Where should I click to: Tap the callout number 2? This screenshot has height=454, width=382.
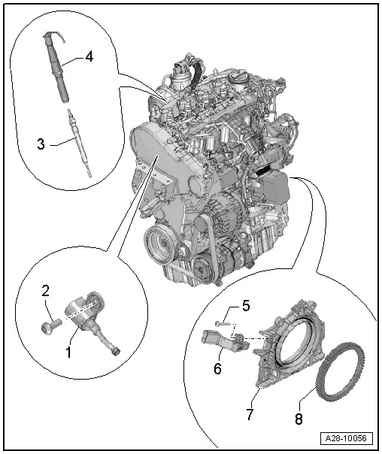[45, 291]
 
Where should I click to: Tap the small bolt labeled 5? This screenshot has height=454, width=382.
[220, 323]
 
